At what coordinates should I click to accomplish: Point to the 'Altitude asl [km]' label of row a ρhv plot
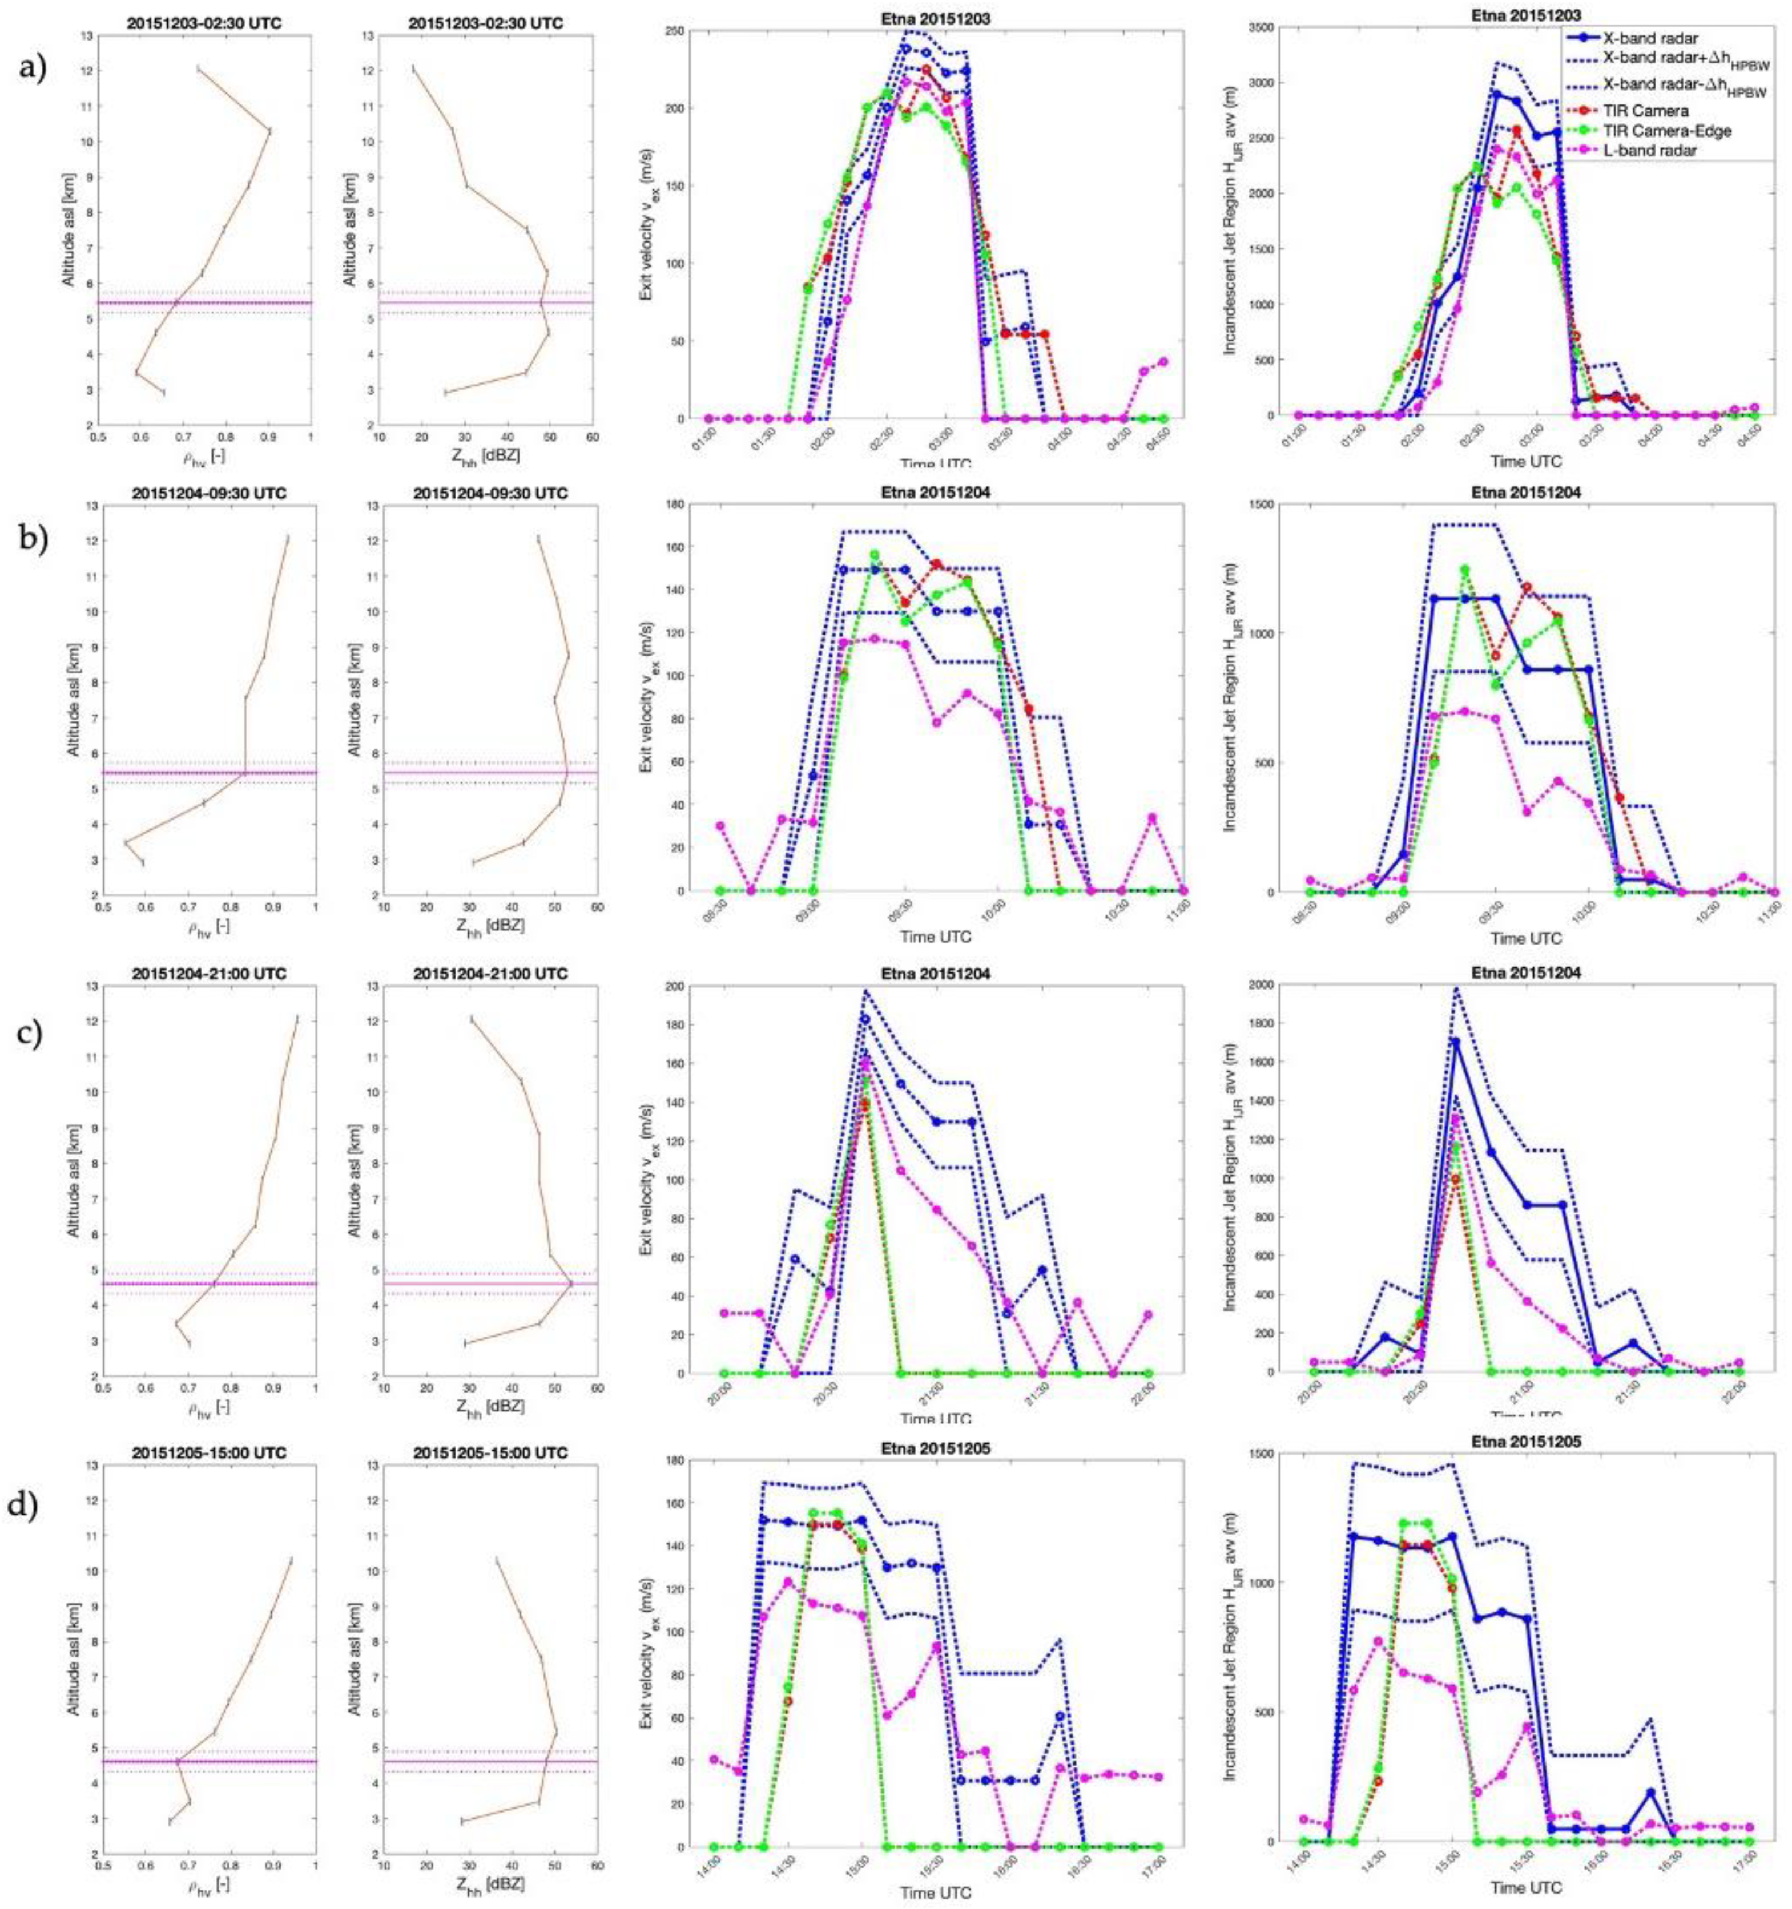(73, 228)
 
